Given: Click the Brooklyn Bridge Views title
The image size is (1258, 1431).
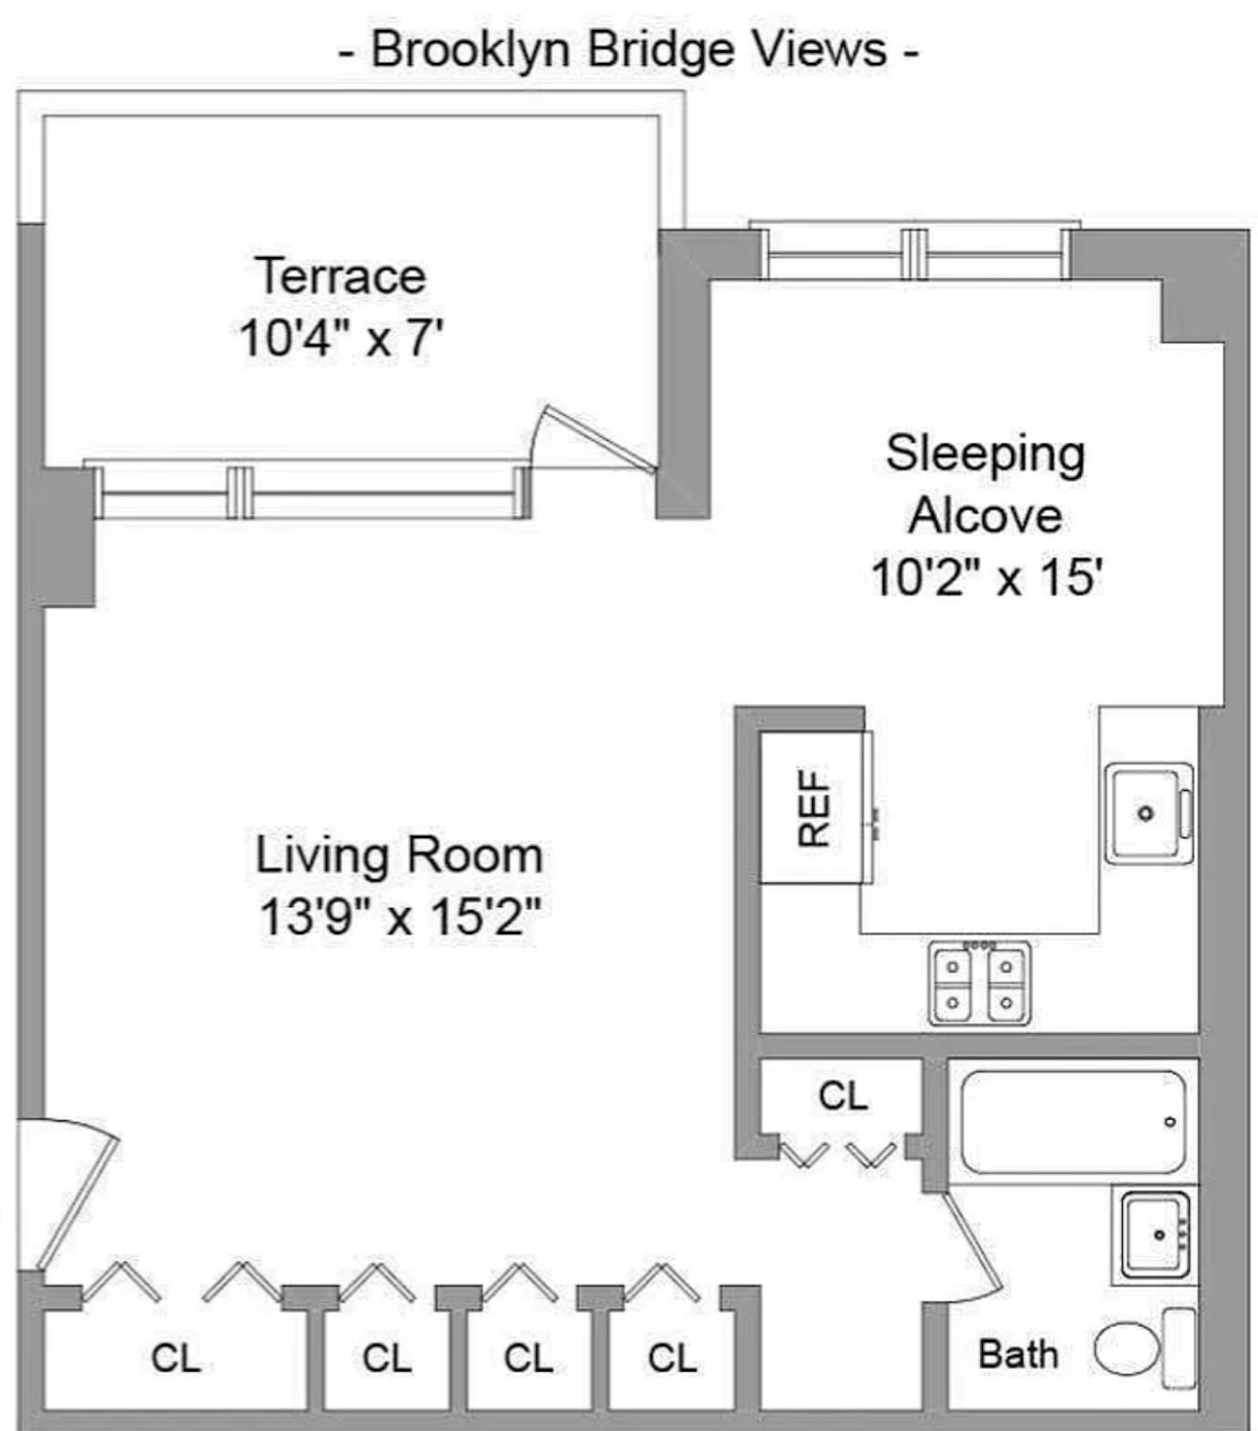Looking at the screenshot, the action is point(628,50).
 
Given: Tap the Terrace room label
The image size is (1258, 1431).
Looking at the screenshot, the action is point(340,276).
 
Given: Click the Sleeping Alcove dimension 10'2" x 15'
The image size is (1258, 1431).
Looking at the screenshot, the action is point(987,578).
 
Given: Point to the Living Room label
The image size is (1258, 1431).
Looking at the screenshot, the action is point(399,855).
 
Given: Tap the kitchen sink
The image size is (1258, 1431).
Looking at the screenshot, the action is point(1149,813).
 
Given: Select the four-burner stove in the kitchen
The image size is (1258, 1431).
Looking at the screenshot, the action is point(979,983).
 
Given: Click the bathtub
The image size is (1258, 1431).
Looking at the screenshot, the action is point(1073,1122).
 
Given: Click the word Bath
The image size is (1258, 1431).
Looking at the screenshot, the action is point(1017,1354).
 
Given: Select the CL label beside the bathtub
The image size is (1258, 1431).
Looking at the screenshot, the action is point(843,1095).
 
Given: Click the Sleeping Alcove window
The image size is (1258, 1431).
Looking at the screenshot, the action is point(912,252).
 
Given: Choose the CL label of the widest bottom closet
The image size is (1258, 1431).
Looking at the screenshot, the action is point(175,1358).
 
